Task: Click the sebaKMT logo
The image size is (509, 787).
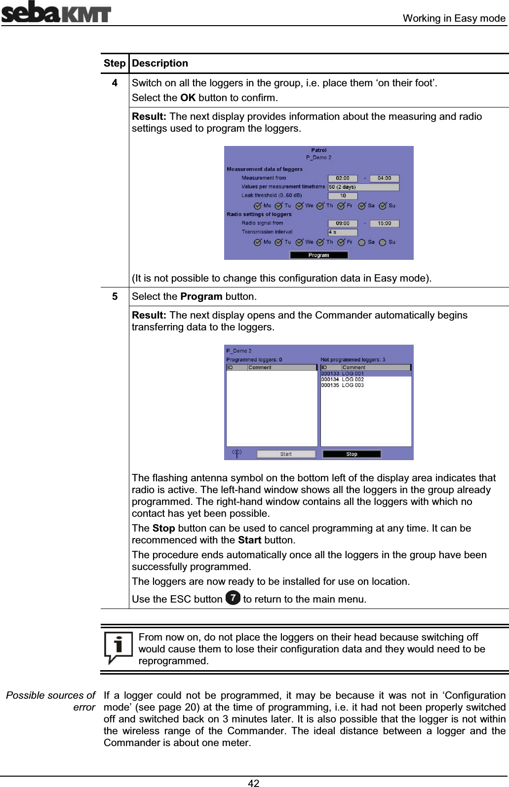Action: pos(56,12)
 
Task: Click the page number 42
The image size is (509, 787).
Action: pos(254,783)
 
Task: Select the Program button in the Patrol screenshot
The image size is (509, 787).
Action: pos(318,255)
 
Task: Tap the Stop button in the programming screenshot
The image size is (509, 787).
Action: pos(352,454)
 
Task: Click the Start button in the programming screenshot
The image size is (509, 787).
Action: pos(286,454)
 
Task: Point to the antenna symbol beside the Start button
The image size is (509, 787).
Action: pos(237,453)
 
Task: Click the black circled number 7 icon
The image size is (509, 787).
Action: pos(233,598)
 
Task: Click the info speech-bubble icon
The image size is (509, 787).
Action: pos(118,647)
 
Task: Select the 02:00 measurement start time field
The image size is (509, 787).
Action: pos(343,179)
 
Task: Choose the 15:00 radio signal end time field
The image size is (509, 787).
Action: pos(384,223)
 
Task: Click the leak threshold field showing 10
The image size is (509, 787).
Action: pos(343,196)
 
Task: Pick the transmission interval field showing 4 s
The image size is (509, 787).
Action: pos(343,232)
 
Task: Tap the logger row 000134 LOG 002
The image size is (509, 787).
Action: pos(343,380)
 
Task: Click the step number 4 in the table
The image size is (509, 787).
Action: pos(115,83)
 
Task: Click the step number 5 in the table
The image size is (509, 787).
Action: pos(115,296)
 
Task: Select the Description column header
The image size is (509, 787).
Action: pos(160,63)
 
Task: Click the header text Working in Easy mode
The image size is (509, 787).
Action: pos(454,18)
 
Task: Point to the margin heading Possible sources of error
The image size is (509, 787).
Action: pos(51,701)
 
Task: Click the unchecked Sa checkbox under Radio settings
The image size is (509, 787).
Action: pos(362,243)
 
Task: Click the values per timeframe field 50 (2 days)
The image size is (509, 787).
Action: pos(363,187)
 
